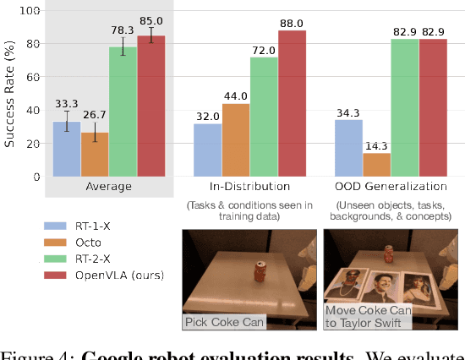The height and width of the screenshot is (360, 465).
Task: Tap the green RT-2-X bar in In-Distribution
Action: click(x=264, y=117)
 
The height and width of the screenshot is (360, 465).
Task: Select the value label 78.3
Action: click(x=123, y=29)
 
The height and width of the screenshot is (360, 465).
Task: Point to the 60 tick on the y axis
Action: click(x=33, y=78)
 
